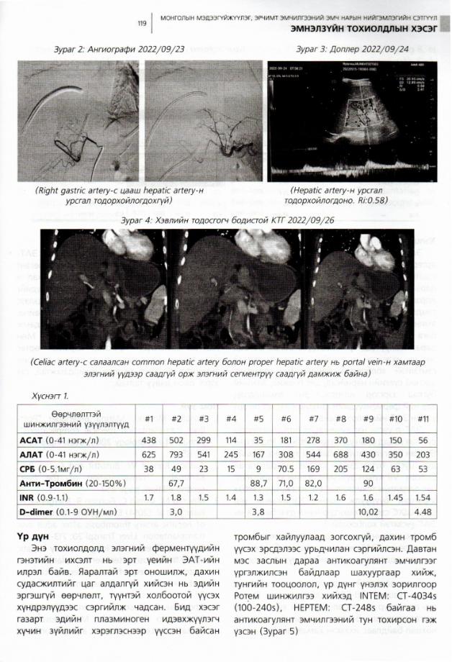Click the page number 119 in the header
coord(142,24)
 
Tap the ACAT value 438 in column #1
coord(150,439)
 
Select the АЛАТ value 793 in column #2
coord(175,455)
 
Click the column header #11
coord(423,419)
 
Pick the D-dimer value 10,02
coord(369,517)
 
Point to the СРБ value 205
coord(341,471)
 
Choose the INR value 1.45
coord(395,502)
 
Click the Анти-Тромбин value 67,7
coord(175,486)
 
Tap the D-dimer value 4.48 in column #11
coord(423,517)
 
